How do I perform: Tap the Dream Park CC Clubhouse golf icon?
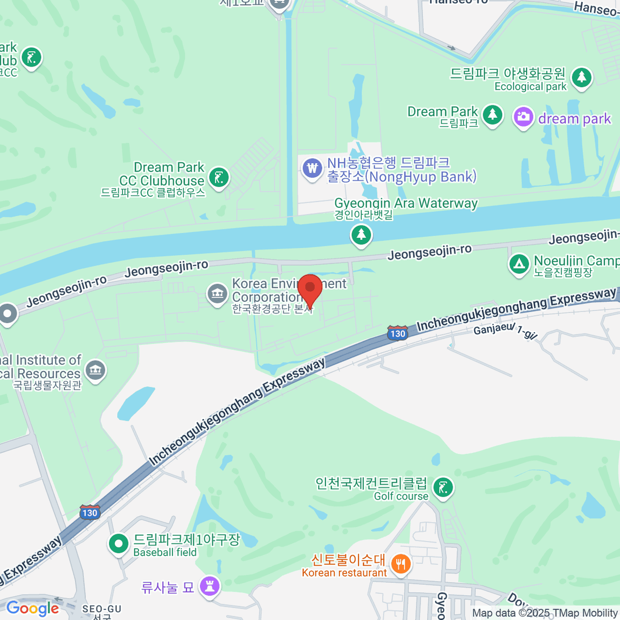[x=219, y=178]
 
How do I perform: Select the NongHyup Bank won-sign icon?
[x=312, y=168]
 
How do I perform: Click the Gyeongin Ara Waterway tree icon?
[x=361, y=235]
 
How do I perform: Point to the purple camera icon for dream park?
[x=523, y=117]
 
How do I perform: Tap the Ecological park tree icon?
[x=582, y=78]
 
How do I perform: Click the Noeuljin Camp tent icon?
[x=519, y=264]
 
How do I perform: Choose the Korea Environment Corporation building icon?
[x=217, y=293]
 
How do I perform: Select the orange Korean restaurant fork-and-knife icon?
[x=400, y=563]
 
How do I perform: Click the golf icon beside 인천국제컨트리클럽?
[x=443, y=487]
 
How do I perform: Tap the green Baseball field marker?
[x=119, y=544]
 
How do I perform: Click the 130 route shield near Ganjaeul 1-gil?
[x=397, y=333]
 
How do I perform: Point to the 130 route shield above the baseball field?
[x=90, y=512]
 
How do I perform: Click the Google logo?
[x=33, y=609]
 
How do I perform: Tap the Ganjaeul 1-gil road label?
[x=505, y=330]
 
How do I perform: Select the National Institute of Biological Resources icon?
[x=95, y=370]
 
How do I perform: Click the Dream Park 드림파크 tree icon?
[x=492, y=115]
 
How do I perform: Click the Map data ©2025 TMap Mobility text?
[x=545, y=613]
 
